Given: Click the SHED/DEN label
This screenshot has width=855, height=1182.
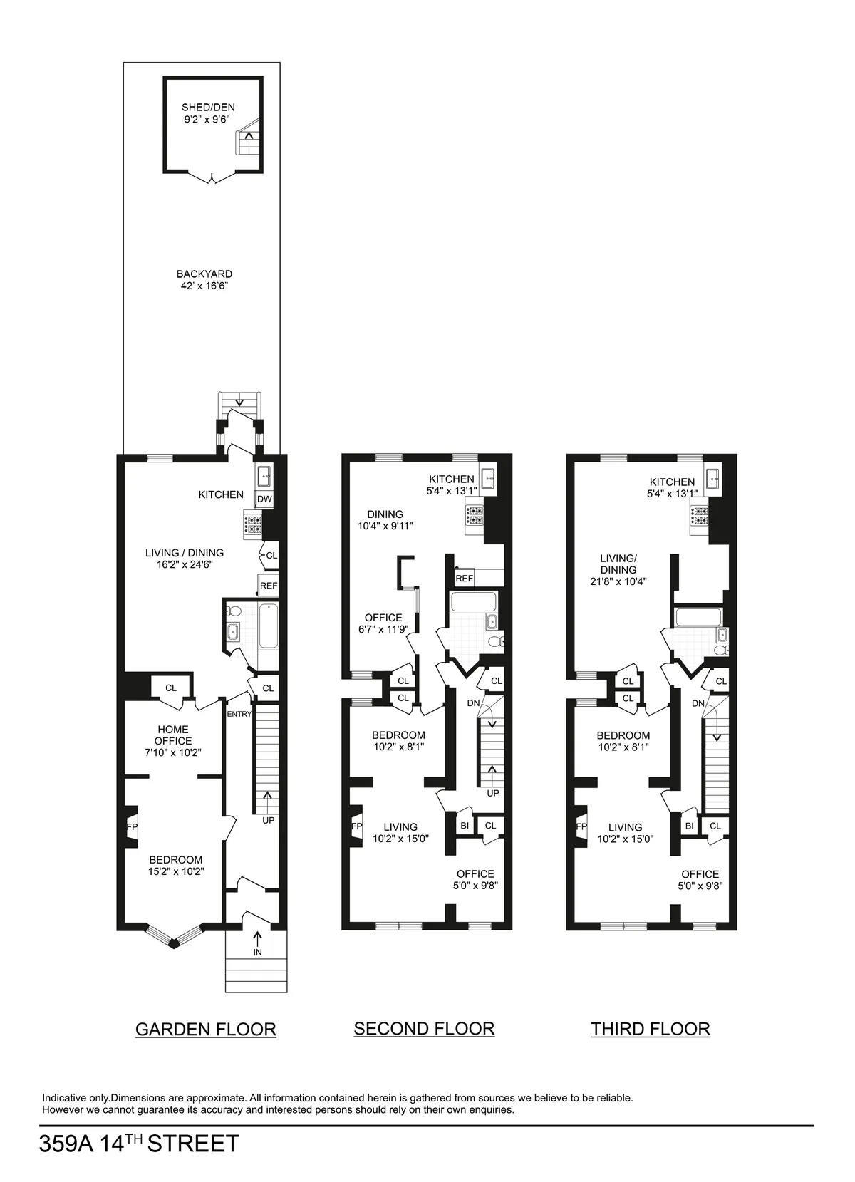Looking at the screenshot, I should click(x=208, y=108).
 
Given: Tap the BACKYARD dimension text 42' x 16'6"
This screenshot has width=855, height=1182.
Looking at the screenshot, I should click(x=204, y=286).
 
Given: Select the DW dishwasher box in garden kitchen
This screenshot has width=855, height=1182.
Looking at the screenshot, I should click(x=264, y=499).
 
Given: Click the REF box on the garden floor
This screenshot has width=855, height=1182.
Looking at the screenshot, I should click(x=268, y=586).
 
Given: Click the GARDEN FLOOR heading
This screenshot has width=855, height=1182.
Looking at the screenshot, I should click(x=205, y=1029).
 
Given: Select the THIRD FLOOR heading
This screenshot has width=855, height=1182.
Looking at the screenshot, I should click(x=650, y=1029).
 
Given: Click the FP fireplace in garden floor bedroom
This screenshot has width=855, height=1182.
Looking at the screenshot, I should click(x=131, y=827).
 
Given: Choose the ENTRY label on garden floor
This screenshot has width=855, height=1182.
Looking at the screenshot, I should click(x=239, y=714).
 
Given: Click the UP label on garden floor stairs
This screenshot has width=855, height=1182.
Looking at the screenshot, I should click(x=268, y=820).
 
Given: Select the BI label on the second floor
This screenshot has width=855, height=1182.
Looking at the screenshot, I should click(x=465, y=826).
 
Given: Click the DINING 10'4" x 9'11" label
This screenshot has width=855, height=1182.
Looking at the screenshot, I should click(x=385, y=520).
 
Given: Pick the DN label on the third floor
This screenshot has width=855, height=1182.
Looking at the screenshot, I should click(x=698, y=703).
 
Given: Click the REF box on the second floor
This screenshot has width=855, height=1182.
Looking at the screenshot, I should click(x=464, y=578).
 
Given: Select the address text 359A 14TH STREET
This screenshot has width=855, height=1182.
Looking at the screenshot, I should click(x=139, y=1144).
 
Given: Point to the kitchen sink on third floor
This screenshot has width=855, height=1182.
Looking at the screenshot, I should click(x=713, y=479).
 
